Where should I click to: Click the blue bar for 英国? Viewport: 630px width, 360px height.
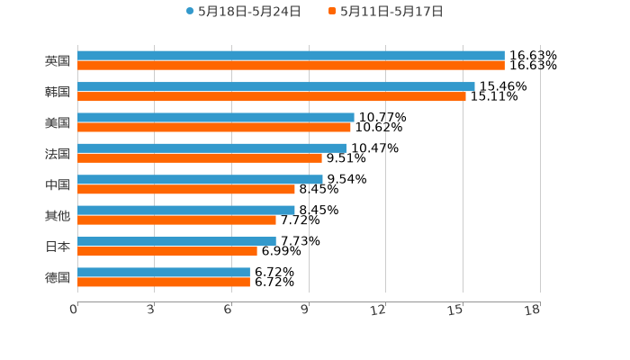tap(291, 56)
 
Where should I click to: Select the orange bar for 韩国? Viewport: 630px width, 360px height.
tap(271, 96)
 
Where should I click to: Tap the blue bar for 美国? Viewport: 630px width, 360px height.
tap(216, 117)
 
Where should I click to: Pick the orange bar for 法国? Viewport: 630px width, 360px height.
tap(200, 158)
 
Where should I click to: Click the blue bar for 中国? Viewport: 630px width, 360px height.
tap(200, 179)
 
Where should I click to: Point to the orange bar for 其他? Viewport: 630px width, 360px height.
tap(176, 220)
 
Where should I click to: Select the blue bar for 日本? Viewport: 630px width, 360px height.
tap(176, 241)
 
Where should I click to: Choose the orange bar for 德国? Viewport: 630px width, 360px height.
tap(164, 282)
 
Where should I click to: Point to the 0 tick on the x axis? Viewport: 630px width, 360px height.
tap(74, 310)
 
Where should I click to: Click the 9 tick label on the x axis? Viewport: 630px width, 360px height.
tap(305, 310)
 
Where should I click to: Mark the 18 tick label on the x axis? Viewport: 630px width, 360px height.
tap(532, 310)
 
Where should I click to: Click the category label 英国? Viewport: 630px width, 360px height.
tap(58, 61)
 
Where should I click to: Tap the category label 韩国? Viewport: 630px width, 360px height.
tap(58, 92)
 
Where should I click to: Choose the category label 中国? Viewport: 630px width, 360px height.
tap(58, 184)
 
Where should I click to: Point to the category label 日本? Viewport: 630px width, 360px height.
tap(58, 247)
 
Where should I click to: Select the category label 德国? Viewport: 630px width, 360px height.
tap(58, 277)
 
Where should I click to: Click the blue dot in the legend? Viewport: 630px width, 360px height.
tap(190, 12)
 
